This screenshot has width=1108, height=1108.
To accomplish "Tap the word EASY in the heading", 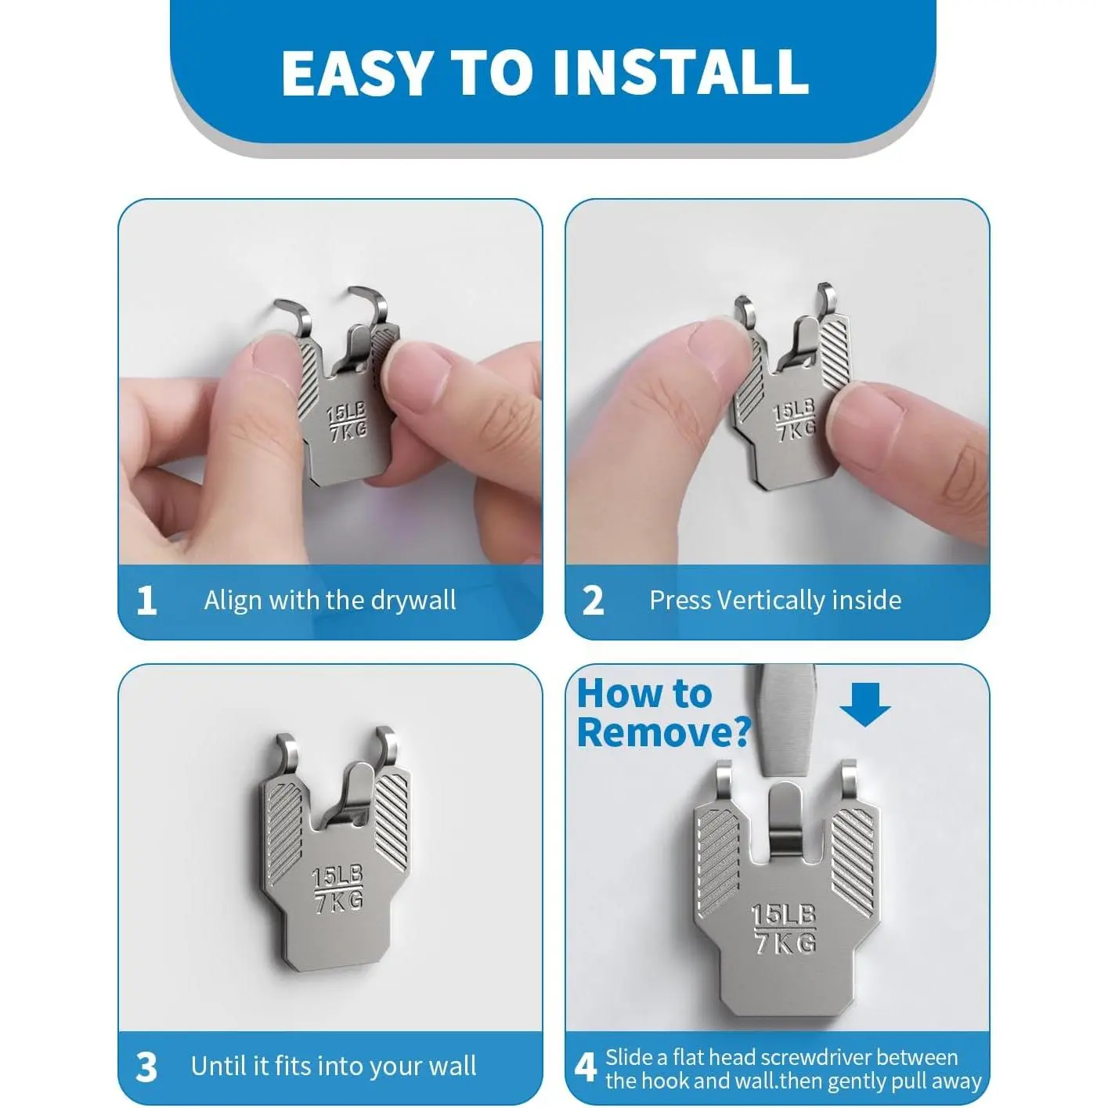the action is (355, 72).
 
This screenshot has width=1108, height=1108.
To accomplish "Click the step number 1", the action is (146, 601).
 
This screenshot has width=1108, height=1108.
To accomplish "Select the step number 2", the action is (593, 601).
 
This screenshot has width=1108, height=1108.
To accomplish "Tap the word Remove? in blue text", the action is (664, 732).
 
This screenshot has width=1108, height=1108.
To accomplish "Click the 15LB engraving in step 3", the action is (337, 877).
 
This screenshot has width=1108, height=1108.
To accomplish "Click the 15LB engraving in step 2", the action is (793, 410).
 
